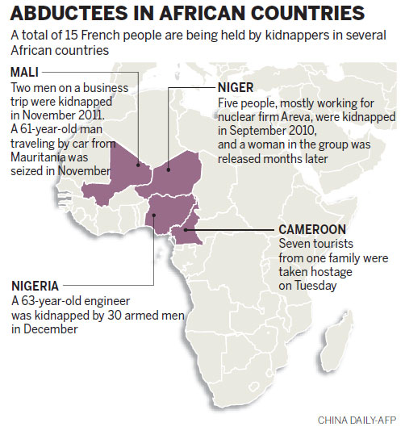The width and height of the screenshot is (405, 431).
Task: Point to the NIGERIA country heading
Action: click(35, 285)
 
